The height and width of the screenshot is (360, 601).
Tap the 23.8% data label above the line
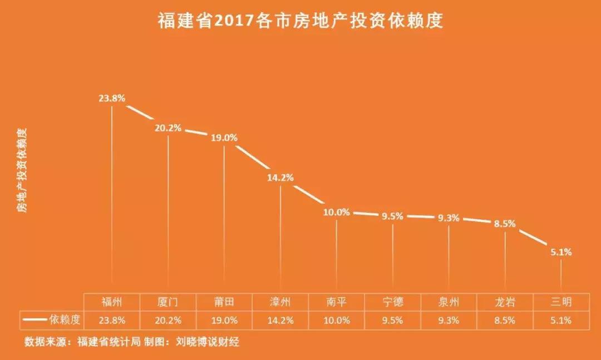point(112,98)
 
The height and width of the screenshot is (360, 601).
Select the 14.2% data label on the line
point(280,178)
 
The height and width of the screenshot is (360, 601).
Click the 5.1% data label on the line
point(561,252)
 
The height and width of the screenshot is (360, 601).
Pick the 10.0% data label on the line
point(336,213)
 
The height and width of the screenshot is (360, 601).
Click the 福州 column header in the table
point(112,302)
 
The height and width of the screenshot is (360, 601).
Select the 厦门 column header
point(168,302)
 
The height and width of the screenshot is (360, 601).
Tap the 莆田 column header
point(224,302)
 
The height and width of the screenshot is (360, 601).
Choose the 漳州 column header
point(280,302)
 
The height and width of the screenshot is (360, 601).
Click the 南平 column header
point(337,302)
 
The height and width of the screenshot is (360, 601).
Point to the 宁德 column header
point(393,302)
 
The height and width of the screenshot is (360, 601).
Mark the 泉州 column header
point(449,302)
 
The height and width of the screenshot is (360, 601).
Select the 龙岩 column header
point(505,302)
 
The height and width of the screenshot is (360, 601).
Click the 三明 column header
point(561,302)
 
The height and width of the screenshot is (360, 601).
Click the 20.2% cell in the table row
point(168,320)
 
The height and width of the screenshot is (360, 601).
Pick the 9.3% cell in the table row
point(449,320)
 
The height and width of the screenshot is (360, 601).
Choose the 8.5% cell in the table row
point(505,320)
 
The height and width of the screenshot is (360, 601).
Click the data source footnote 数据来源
point(132,341)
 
